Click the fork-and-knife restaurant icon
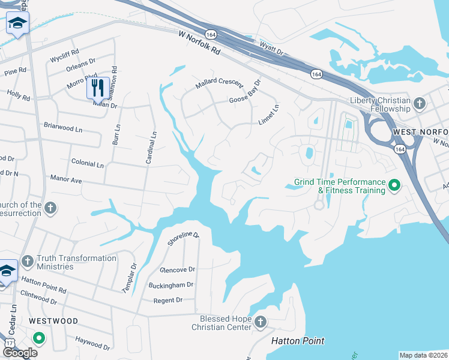coord(98,88)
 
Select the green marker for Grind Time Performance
coord(394,186)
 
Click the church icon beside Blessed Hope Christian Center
coord(261,322)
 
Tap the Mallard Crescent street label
coord(219,84)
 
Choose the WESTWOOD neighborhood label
coord(53,321)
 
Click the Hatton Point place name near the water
coord(298,341)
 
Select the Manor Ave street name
coord(67,179)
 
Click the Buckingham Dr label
coord(173,285)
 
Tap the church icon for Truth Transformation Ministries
coord(27,262)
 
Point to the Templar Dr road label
coord(130,278)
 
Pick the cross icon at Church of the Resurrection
coord(51,209)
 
